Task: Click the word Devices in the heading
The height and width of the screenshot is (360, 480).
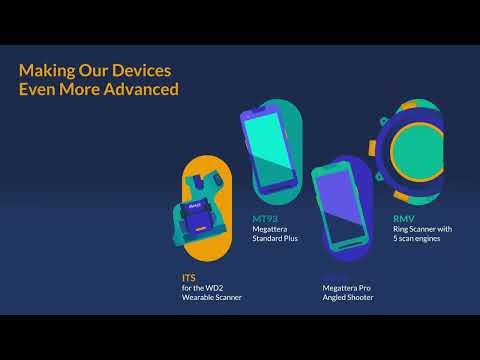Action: click(x=140, y=71)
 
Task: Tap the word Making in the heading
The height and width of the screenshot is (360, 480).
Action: click(x=46, y=71)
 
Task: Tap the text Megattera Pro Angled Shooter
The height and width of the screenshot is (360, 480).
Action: click(x=347, y=292)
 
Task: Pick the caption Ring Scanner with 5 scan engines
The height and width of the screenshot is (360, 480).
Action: click(x=423, y=234)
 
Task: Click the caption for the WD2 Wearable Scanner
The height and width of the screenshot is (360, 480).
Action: click(x=211, y=293)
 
